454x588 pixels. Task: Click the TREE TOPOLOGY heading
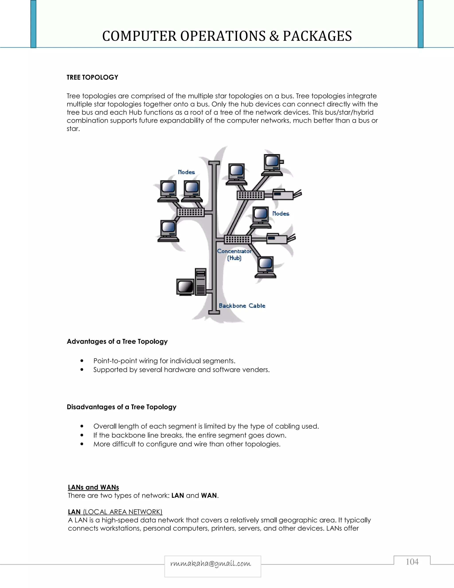92,77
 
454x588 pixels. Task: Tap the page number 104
412,562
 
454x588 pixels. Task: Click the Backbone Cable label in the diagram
242,306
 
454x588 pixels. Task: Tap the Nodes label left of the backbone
186,172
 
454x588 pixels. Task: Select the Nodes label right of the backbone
281,213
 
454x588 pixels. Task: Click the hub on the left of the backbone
190,212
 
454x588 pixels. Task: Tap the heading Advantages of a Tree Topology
117,341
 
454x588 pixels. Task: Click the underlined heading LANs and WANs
93,487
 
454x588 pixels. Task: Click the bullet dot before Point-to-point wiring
82,361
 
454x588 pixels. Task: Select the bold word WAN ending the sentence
209,495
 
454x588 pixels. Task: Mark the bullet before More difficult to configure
82,444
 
